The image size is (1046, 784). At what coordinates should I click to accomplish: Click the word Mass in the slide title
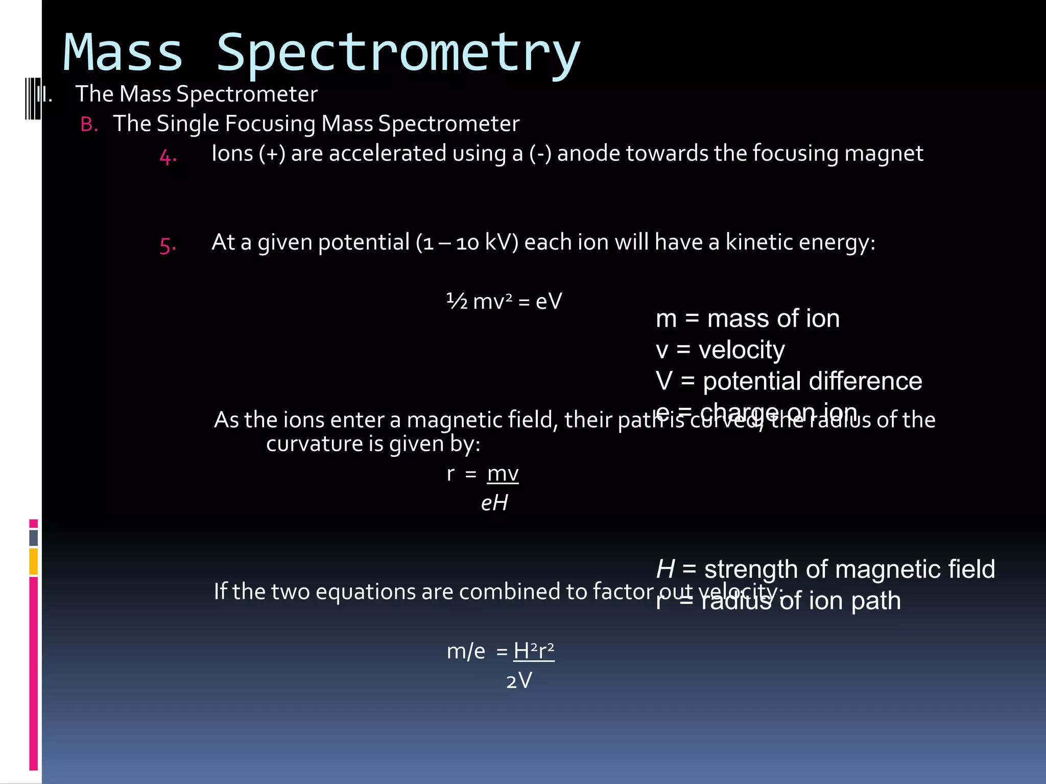123,53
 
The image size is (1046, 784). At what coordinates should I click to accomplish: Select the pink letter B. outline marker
89,125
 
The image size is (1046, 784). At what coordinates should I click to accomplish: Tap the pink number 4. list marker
168,156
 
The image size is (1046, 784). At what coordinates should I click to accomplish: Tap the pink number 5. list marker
168,246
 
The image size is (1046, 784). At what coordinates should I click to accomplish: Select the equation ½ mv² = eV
504,302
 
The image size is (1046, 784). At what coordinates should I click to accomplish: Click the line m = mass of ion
748,319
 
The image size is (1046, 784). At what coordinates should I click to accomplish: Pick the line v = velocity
720,350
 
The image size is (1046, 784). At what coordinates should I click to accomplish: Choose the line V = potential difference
789,381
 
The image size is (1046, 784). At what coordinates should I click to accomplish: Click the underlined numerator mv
503,474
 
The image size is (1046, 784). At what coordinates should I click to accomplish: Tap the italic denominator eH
494,503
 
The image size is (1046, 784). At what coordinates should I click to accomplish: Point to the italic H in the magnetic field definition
665,569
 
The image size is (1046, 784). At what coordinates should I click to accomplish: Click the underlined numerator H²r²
534,651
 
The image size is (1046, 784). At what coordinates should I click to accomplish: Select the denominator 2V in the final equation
519,681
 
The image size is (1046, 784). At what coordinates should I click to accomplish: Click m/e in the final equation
466,652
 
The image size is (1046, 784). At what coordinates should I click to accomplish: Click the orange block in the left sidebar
34,561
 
